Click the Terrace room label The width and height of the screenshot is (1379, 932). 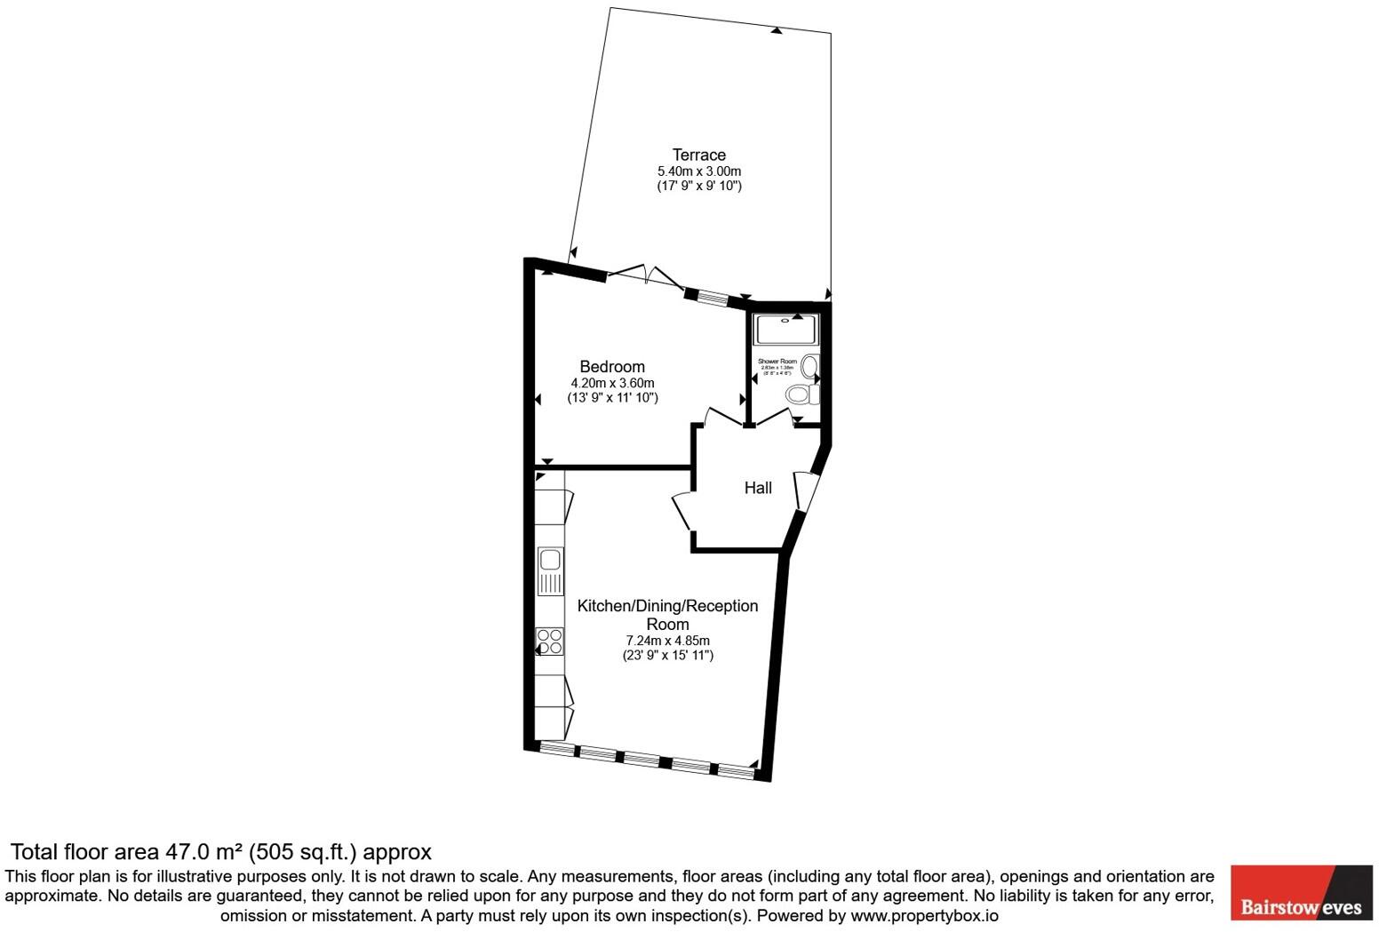[x=698, y=155]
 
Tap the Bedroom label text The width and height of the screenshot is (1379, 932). [x=611, y=367]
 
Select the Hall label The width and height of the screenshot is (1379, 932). [x=757, y=488]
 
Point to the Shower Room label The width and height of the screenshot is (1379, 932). [x=777, y=362]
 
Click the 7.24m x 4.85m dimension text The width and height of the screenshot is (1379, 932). [x=667, y=641]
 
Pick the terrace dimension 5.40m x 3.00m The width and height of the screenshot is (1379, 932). [x=698, y=171]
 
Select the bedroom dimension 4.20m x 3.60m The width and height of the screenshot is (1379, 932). [x=612, y=383]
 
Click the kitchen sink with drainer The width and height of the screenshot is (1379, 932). [x=550, y=571]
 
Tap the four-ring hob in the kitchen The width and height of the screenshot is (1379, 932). [x=550, y=641]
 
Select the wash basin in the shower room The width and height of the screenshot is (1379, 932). [x=809, y=365]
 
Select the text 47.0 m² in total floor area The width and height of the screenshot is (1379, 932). [x=204, y=852]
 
